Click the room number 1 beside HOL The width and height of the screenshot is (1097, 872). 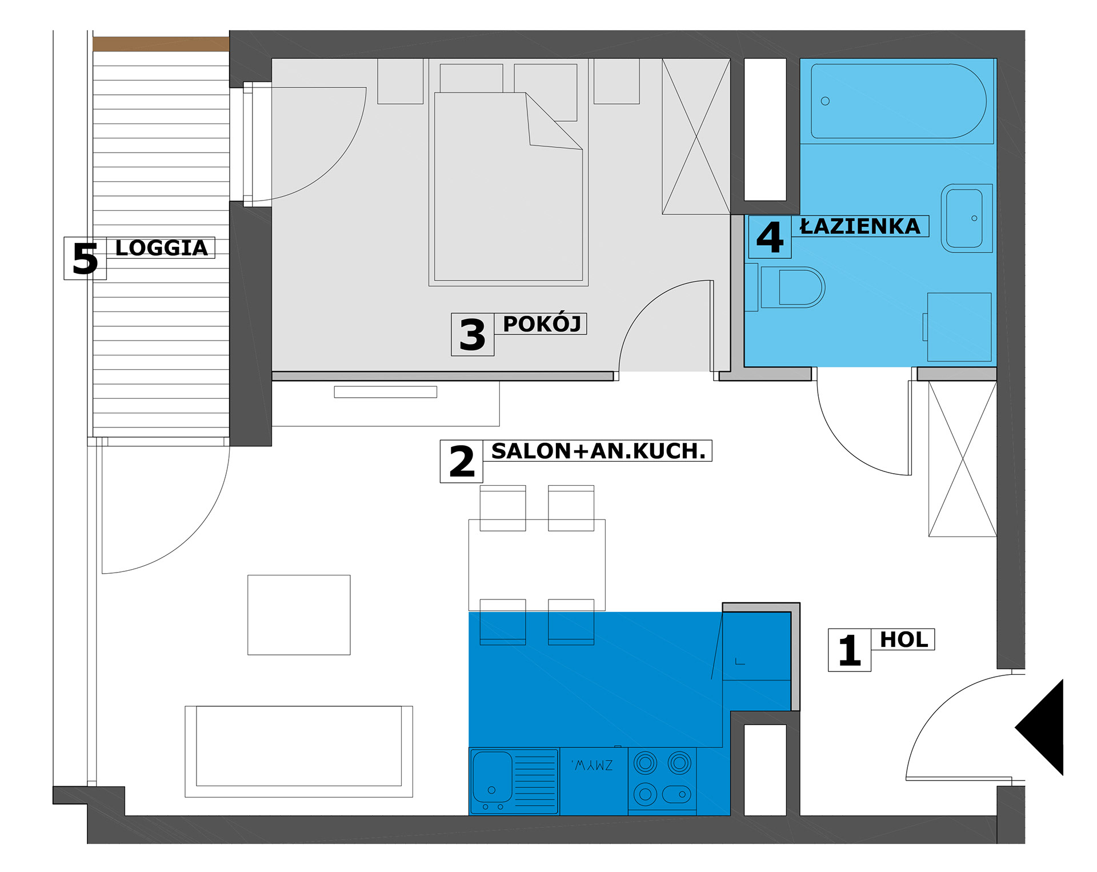[850, 650]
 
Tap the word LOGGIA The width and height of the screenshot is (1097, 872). [162, 248]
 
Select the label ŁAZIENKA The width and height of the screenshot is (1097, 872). [860, 226]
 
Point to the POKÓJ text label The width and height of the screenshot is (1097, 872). [542, 323]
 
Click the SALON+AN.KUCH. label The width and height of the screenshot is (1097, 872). [598, 451]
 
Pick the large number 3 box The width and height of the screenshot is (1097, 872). [473, 335]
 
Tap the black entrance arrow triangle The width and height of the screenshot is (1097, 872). [1039, 727]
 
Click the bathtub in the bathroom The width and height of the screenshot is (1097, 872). [898, 101]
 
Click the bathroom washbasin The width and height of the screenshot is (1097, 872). [966, 218]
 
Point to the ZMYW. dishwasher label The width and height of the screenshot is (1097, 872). [592, 765]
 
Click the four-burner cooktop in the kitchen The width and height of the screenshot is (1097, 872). [662, 779]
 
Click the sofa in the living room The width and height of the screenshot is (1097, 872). [299, 751]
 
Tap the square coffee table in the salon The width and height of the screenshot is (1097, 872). [299, 615]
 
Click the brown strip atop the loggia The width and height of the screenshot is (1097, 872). [161, 44]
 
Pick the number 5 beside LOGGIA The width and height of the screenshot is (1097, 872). [85, 259]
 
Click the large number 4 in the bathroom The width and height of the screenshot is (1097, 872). [770, 237]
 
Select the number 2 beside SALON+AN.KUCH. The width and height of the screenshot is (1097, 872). [462, 462]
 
